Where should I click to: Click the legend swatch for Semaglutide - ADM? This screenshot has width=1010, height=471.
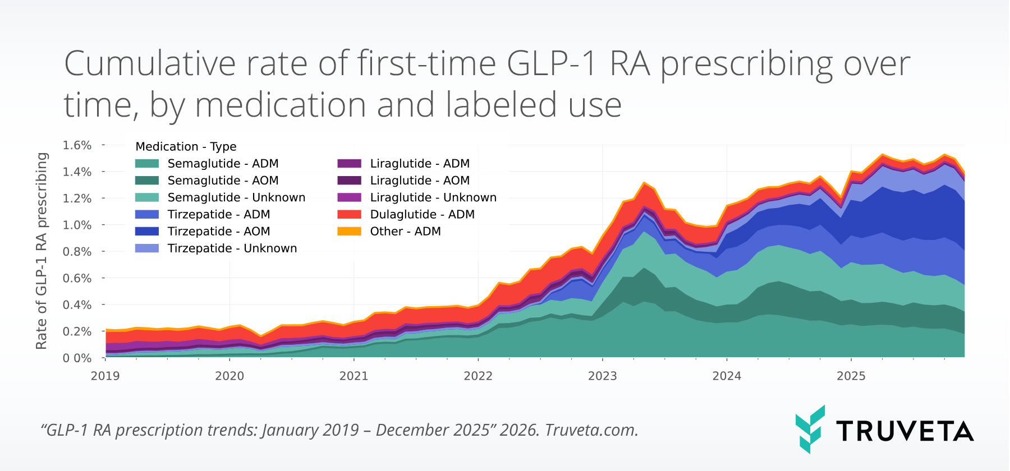[147, 164]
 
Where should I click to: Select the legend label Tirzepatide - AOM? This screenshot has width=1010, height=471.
[218, 231]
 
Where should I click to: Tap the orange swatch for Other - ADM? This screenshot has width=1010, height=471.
[349, 231]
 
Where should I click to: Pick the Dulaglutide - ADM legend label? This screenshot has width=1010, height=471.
[422, 214]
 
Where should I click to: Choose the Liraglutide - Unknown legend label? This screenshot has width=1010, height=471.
[433, 197]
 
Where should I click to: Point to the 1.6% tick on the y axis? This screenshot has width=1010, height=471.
[77, 145]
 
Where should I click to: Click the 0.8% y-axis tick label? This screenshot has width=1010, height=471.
[77, 252]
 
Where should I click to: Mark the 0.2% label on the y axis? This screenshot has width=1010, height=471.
[77, 331]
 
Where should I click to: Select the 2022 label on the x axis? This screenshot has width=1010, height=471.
[478, 376]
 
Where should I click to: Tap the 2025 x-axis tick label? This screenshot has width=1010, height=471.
[851, 376]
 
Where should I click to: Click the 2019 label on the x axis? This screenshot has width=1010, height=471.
[105, 376]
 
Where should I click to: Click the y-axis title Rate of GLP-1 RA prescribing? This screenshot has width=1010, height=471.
[42, 251]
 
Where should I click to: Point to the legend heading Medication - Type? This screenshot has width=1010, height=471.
[186, 146]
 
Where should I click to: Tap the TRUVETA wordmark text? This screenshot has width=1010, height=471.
[905, 431]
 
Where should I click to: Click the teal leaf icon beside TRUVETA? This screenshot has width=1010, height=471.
[810, 429]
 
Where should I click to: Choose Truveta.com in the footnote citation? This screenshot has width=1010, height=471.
[591, 430]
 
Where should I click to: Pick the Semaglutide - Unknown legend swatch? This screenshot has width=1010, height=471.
[147, 197]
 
